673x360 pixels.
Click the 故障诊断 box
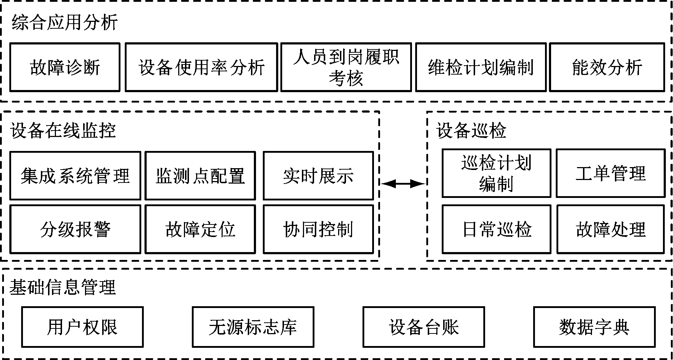tap(65, 67)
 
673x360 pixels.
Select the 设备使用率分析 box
tap(201, 67)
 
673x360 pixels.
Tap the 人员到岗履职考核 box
tap(346, 67)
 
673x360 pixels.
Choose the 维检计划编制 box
tap(480, 67)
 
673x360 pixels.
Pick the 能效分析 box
tap(607, 67)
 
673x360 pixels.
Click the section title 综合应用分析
tap(65, 22)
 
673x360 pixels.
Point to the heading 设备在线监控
tap(63, 131)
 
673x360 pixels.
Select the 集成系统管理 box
tap(75, 176)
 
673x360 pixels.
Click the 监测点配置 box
tap(200, 176)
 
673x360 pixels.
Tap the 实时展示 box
tap(318, 176)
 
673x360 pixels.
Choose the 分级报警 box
tap(75, 229)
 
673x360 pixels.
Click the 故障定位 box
tap(200, 229)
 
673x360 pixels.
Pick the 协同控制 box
tap(318, 229)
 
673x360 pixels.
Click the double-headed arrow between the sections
tap(403, 184)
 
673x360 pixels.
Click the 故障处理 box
tap(610, 229)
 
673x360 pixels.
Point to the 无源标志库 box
tap(253, 327)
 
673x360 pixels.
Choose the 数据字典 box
tap(594, 327)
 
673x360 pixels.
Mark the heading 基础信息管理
tap(62, 287)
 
